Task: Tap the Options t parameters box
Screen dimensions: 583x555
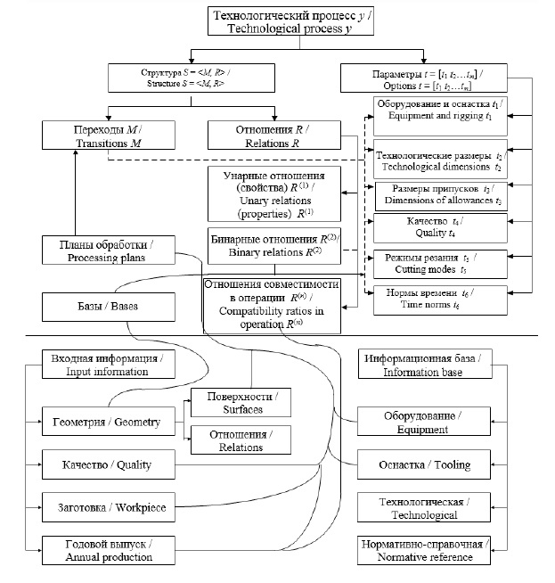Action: [x=421, y=76]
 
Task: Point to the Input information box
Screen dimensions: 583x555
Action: [x=108, y=365]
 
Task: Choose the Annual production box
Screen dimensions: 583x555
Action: [x=108, y=550]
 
